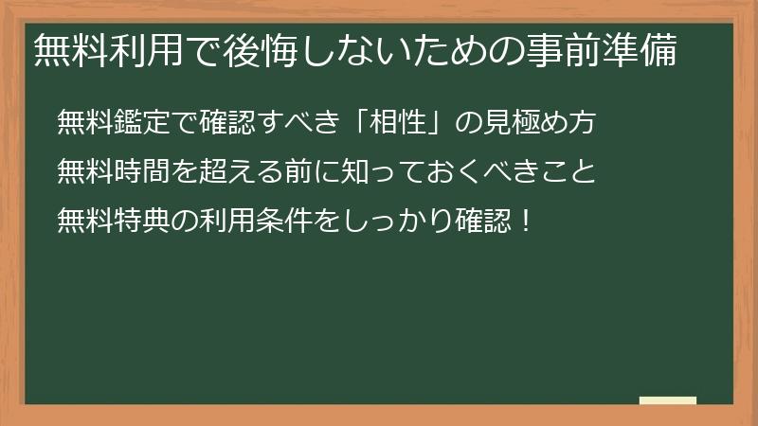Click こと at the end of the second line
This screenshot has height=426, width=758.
point(571,172)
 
